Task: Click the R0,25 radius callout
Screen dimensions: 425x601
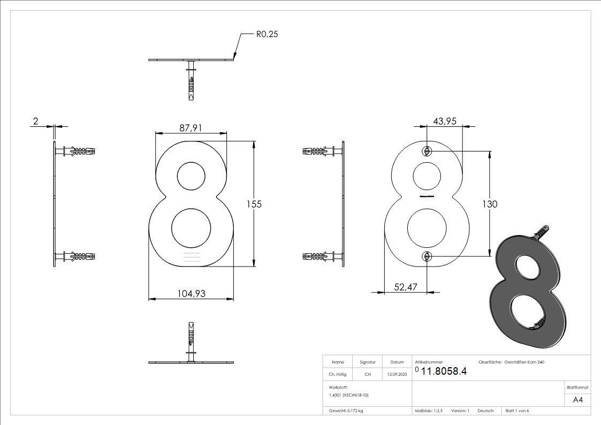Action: (x=267, y=34)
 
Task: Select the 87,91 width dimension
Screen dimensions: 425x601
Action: (x=191, y=128)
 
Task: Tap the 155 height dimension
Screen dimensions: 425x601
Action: (x=254, y=204)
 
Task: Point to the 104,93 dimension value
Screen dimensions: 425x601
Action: (x=191, y=293)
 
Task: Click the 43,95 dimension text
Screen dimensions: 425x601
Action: (x=444, y=122)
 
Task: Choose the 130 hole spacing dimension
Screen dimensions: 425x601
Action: (x=489, y=204)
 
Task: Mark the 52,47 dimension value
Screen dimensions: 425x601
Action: (x=406, y=287)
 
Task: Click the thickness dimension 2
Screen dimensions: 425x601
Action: (x=35, y=122)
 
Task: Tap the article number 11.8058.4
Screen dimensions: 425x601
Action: (x=444, y=371)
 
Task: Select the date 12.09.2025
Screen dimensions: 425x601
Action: (x=397, y=375)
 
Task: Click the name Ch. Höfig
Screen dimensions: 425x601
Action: (x=338, y=375)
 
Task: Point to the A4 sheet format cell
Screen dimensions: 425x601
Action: (x=577, y=400)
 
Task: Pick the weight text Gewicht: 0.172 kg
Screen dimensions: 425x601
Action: (x=346, y=411)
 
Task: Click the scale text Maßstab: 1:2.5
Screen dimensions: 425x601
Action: (x=429, y=411)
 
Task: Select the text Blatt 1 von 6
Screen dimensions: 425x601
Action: (x=517, y=411)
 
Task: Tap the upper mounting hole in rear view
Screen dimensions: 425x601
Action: (x=427, y=151)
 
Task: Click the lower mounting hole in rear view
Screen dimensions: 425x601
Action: (x=427, y=256)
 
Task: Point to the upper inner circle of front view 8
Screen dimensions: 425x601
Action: (x=191, y=176)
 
